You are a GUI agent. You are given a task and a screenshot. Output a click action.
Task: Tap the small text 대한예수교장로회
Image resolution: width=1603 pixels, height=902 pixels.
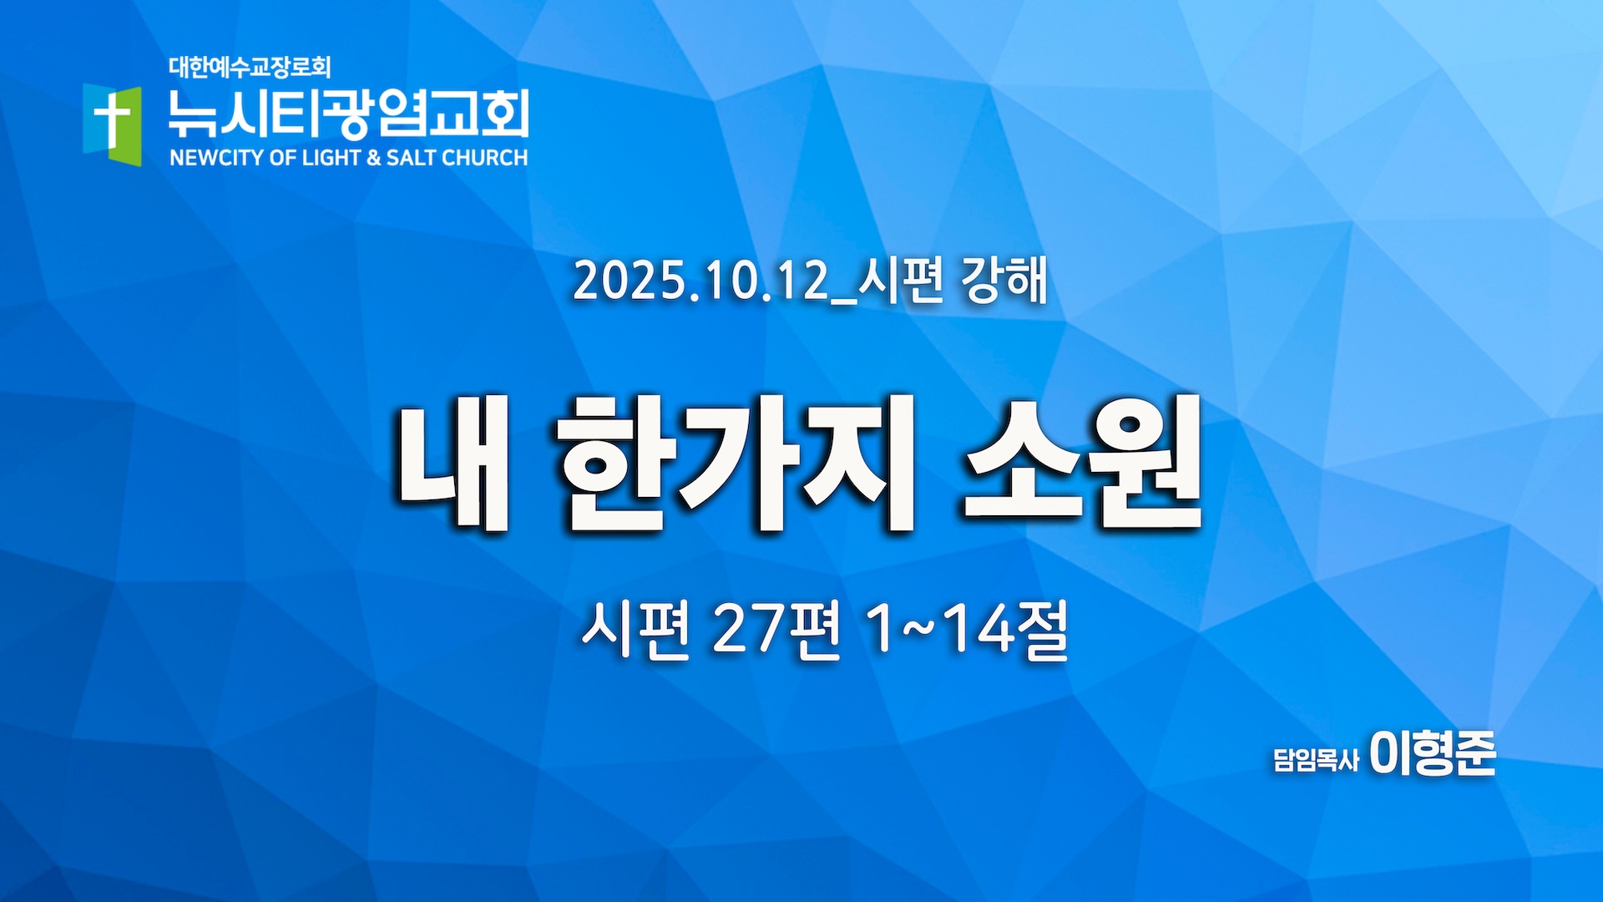click(250, 67)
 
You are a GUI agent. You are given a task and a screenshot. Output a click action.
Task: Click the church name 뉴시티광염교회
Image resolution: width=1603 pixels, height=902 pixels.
click(348, 114)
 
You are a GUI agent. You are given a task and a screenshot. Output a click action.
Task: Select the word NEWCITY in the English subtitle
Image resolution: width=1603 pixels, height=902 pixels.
click(217, 158)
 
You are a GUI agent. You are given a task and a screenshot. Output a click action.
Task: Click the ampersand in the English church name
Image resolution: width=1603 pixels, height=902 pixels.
click(373, 158)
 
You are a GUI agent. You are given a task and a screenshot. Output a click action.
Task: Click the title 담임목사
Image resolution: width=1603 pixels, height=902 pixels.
click(1316, 759)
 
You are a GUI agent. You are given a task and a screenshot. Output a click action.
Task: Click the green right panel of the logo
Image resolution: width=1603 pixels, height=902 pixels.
click(129, 125)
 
